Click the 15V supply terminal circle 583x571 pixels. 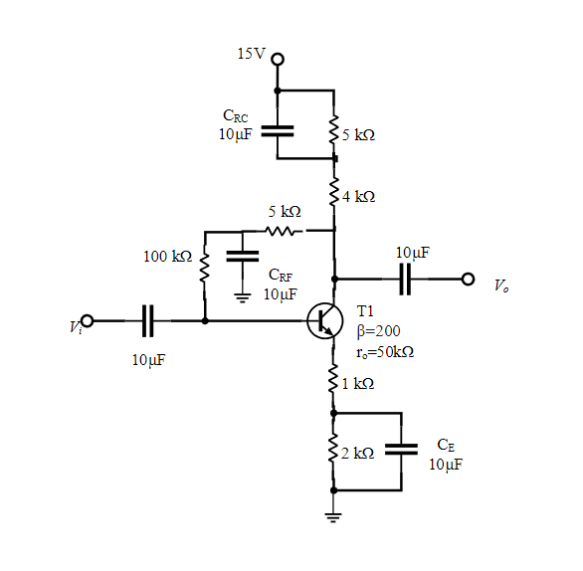tap(278, 59)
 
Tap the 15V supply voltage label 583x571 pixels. tap(252, 53)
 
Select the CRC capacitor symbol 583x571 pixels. tap(278, 128)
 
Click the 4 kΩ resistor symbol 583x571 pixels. tap(334, 194)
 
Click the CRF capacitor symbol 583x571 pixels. tap(242, 256)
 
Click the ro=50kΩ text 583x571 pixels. tap(384, 351)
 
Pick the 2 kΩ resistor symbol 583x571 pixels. tap(334, 452)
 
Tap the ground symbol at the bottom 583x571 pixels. tap(334, 514)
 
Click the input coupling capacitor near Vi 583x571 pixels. tap(149, 320)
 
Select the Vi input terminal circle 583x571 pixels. tap(88, 320)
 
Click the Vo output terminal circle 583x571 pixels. tap(469, 279)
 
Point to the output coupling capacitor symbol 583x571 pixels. tap(405, 279)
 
